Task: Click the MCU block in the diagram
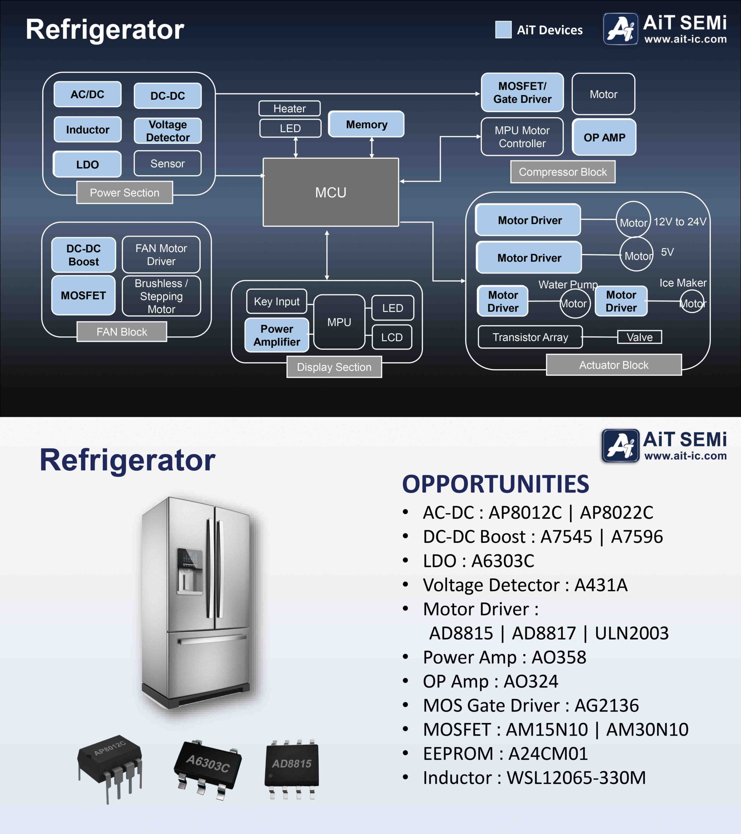pyautogui.click(x=331, y=192)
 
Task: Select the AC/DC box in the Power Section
pyautogui.click(x=87, y=94)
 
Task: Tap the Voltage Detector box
pyautogui.click(x=168, y=131)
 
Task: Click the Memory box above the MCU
pyautogui.click(x=366, y=124)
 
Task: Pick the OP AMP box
pyautogui.click(x=604, y=137)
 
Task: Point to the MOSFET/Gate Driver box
pyautogui.click(x=523, y=92)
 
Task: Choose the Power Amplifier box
pyautogui.click(x=277, y=335)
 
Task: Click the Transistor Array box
pyautogui.click(x=530, y=337)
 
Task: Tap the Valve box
pyautogui.click(x=639, y=337)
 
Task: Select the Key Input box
pyautogui.click(x=277, y=302)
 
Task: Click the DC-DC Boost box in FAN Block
pyautogui.click(x=84, y=255)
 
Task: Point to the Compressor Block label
pyautogui.click(x=563, y=172)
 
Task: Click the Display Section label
pyautogui.click(x=334, y=367)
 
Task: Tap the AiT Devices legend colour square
pyautogui.click(x=503, y=29)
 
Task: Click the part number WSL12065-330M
pyautogui.click(x=576, y=777)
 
